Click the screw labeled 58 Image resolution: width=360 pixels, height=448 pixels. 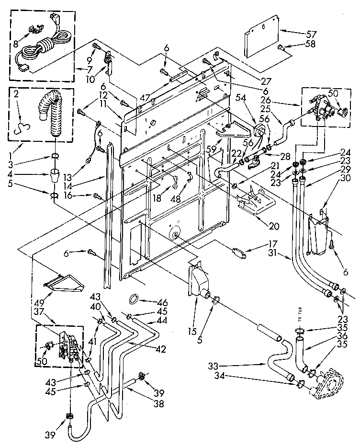[x=281, y=47]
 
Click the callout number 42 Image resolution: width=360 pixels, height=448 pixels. [x=159, y=349]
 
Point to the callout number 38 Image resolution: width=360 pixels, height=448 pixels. [x=159, y=404]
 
